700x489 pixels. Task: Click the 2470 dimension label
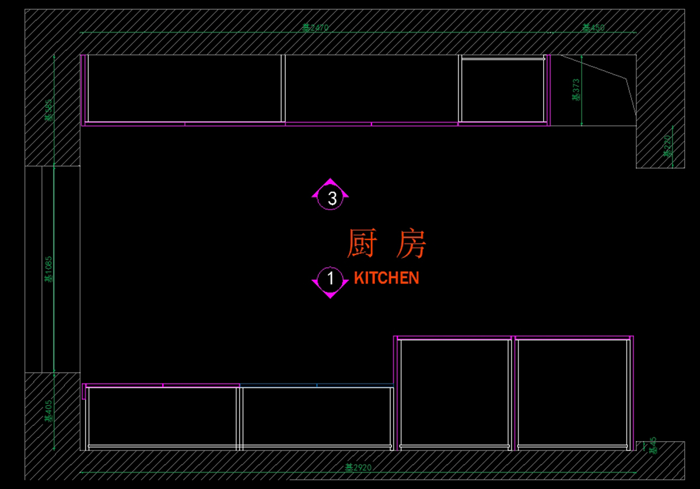click(316, 27)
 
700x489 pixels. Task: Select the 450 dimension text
click(593, 27)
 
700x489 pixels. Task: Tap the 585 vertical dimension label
click(49, 109)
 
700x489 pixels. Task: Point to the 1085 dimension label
click(49, 269)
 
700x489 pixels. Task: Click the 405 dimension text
click(49, 410)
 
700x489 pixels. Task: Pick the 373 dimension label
click(576, 90)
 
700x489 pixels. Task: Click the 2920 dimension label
click(358, 467)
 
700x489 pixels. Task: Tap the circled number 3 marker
click(332, 198)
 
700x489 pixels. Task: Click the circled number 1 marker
click(331, 278)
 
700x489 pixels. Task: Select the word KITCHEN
click(386, 278)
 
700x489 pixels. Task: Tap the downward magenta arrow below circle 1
click(330, 295)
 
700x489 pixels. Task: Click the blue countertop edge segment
click(317, 385)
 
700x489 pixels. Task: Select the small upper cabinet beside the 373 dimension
click(503, 89)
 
